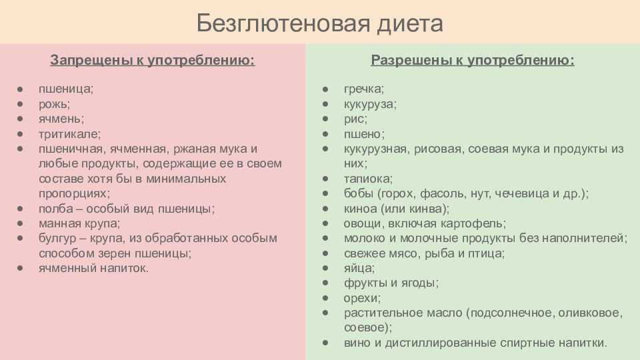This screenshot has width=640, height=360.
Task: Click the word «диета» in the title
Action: [x=410, y=24]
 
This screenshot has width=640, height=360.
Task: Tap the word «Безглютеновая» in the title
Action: [x=283, y=23]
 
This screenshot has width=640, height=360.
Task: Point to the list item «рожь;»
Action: [x=54, y=105]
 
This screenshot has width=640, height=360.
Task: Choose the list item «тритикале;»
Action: [x=69, y=134]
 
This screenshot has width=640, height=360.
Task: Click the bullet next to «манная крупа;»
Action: [x=20, y=223]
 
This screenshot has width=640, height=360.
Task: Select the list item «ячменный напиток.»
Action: [x=93, y=268]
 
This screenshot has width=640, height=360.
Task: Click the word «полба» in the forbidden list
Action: [x=56, y=209]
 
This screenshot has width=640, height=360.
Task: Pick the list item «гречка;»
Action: [x=364, y=89]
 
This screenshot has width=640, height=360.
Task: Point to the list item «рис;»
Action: [x=355, y=119]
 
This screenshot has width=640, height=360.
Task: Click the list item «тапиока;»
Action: [x=368, y=179]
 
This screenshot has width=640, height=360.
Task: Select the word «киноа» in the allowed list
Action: [x=361, y=209]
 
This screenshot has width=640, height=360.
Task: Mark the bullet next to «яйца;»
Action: [x=325, y=268]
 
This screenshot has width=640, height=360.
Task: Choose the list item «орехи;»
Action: [x=362, y=299]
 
